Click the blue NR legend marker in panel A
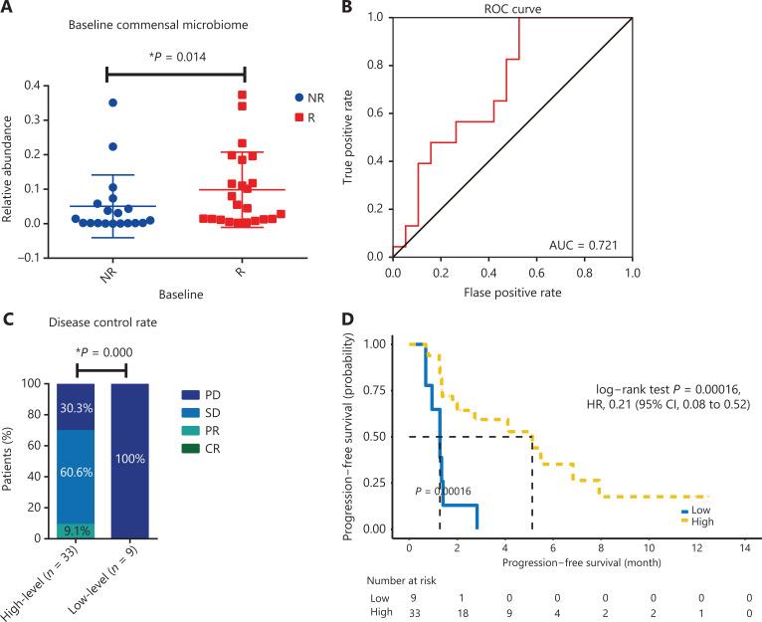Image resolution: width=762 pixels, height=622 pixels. [x=300, y=100]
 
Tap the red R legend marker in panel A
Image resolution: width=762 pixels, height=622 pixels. [x=300, y=120]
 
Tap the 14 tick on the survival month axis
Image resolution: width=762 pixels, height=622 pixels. [x=743, y=547]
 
